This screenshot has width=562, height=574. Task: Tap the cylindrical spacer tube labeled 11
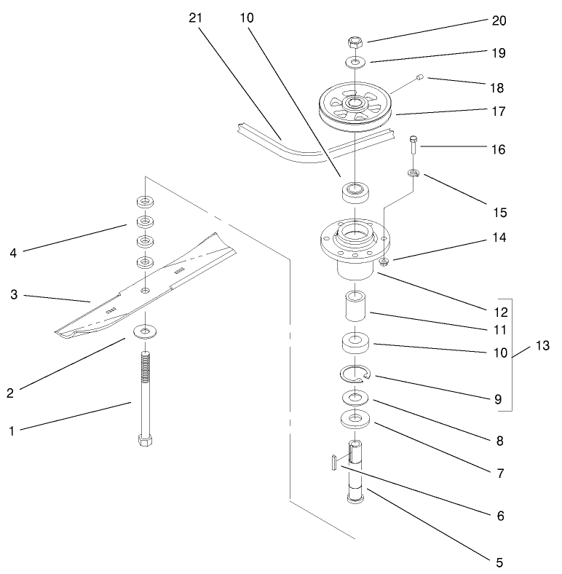[x=355, y=309]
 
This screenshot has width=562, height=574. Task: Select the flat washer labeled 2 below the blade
[x=147, y=333]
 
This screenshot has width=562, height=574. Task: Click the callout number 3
[x=12, y=295]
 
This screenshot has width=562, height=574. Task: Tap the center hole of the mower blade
[x=147, y=291]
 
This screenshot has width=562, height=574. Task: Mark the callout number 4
[x=12, y=253]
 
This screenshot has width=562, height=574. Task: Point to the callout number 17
[x=498, y=112]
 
